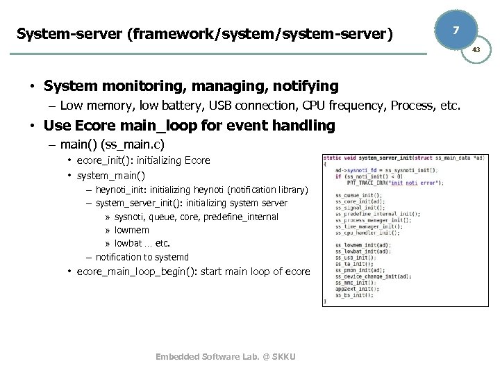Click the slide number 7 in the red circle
pos(455,31)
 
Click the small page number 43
pos(476,51)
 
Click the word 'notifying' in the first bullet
pos(303,86)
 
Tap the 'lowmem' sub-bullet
pos(132,230)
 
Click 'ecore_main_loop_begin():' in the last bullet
pos(137,271)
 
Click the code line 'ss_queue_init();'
pos(358,195)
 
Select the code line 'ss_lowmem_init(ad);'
pos(362,244)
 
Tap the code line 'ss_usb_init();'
pos(355,257)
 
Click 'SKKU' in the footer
pos(284,357)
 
